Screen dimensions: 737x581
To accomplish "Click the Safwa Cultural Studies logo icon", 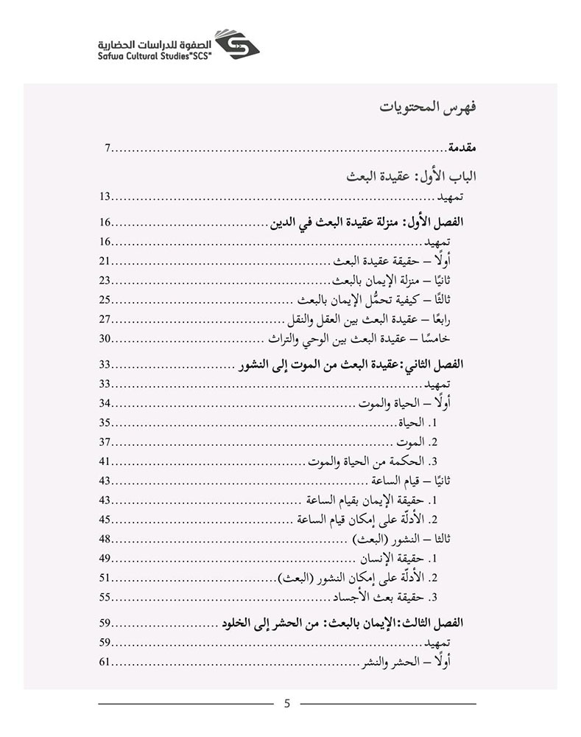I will coord(236,46).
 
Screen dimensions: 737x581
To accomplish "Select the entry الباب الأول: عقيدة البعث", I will coord(412,177).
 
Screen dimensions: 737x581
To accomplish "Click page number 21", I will coord(105,261).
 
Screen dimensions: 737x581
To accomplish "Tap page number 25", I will coord(105,299).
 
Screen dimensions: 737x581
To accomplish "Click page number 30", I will coord(105,338).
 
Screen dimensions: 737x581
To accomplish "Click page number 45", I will coord(105,518).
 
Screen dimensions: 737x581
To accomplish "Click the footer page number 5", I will coord(287,703).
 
